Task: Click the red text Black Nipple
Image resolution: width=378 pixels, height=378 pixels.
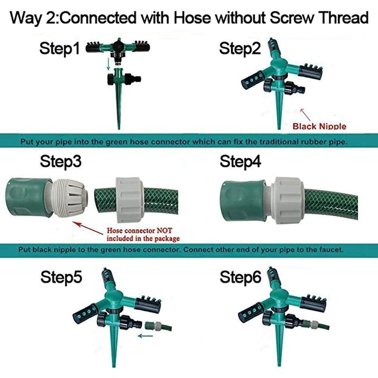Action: (x=319, y=126)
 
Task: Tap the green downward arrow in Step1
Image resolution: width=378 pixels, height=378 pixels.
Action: (x=108, y=65)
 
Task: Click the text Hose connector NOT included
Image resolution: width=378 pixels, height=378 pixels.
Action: (x=143, y=235)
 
